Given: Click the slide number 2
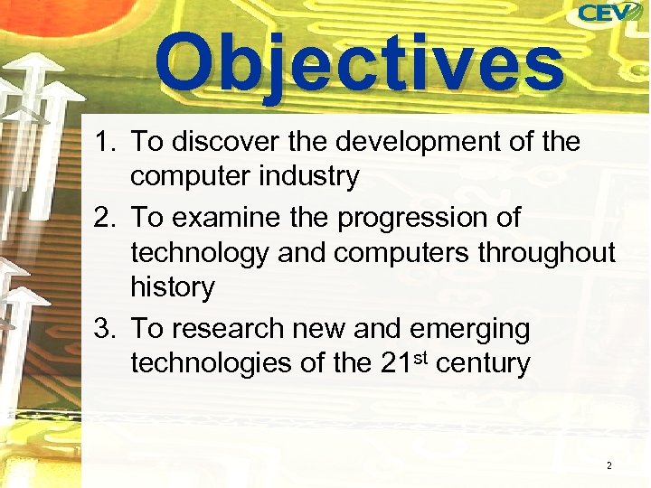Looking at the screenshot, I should (x=609, y=465).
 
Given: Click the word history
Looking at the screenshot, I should (x=173, y=288).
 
